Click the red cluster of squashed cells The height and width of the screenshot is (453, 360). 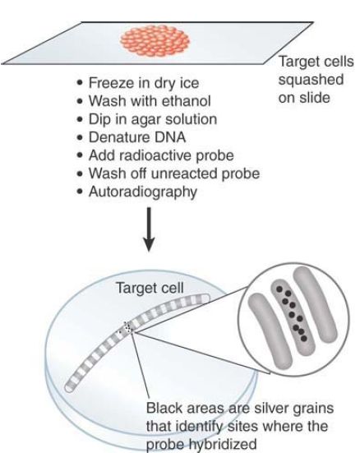[155, 40]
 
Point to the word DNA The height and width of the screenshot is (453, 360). [170, 137]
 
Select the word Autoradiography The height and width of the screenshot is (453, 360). [143, 192]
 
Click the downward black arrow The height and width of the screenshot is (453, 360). [149, 229]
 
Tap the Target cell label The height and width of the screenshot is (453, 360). [150, 288]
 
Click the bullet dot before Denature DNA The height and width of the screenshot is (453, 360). [80, 137]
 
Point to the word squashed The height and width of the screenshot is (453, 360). [311, 80]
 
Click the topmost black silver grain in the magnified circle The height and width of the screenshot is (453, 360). [279, 289]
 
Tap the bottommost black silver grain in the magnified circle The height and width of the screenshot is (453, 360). [303, 338]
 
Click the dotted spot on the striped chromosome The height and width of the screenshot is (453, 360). [127, 327]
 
